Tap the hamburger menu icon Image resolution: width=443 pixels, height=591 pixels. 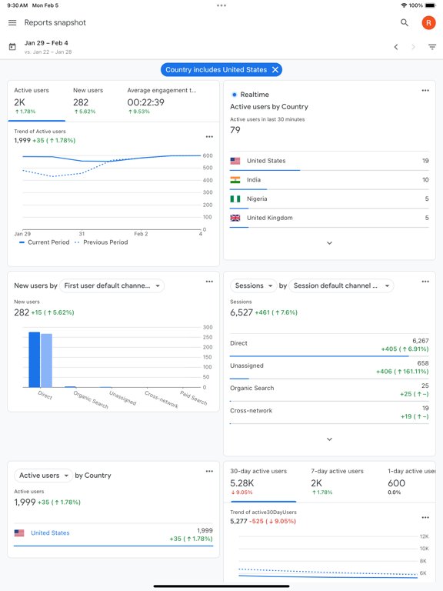pyautogui.click(x=12, y=23)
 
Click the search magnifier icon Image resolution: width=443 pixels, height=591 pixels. pyautogui.click(x=405, y=23)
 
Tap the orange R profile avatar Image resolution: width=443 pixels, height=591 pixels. pyautogui.click(x=428, y=23)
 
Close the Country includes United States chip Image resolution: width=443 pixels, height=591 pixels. pyautogui.click(x=276, y=70)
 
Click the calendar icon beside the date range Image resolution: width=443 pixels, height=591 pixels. pyautogui.click(x=12, y=47)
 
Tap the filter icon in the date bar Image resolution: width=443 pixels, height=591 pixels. pyautogui.click(x=432, y=47)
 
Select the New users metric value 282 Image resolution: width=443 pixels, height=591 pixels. pyautogui.click(x=81, y=102)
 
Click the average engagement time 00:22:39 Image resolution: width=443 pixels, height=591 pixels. pyautogui.click(x=145, y=102)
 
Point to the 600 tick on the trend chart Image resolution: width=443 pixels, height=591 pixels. pyautogui.click(x=208, y=155)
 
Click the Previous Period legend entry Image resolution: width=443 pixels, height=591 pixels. pyautogui.click(x=101, y=242)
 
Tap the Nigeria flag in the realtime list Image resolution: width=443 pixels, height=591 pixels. pyautogui.click(x=235, y=199)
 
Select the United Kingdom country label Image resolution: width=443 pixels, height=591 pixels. pyautogui.click(x=269, y=218)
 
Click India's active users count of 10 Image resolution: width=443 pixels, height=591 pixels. pyautogui.click(x=425, y=180)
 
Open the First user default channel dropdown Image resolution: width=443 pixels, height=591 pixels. pyautogui.click(x=113, y=285)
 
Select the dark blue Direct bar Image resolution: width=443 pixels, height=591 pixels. pyautogui.click(x=34, y=359)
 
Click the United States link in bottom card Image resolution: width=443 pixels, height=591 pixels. pyautogui.click(x=50, y=533)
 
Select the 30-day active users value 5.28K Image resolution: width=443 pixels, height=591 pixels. pyautogui.click(x=242, y=483)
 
